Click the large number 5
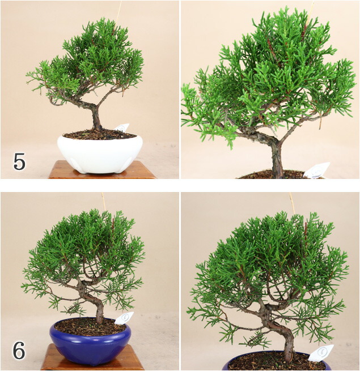[19, 161]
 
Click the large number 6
[19, 350]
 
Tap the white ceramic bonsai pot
[100, 154]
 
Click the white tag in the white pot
[122, 128]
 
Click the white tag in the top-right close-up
[317, 170]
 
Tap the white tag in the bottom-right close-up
[321, 353]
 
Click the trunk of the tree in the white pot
[96, 117]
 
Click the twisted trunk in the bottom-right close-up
[279, 331]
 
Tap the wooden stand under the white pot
[102, 170]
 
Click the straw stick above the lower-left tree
[104, 202]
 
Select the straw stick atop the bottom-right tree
[292, 203]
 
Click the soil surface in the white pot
[99, 134]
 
